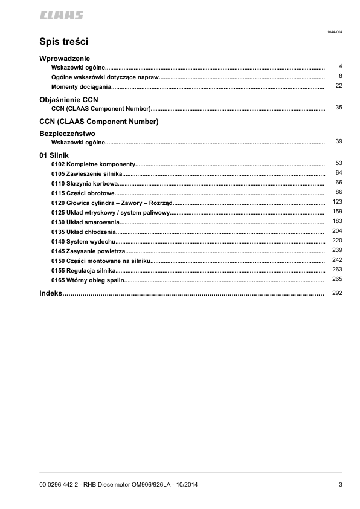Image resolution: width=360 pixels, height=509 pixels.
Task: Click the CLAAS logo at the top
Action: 62,14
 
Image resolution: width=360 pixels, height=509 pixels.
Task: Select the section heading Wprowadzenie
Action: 65,58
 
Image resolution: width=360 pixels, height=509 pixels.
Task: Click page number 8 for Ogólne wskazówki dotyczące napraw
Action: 341,76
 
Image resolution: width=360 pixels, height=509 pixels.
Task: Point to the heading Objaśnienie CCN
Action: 68,99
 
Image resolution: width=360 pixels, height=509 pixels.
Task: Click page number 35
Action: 339,107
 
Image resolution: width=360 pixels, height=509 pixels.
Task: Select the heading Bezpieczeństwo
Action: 67,133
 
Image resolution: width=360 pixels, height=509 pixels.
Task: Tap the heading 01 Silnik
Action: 54,155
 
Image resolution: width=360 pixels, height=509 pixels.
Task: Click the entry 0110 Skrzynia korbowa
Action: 84,183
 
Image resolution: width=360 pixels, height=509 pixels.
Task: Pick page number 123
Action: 338,201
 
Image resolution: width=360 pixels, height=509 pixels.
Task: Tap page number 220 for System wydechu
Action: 338,240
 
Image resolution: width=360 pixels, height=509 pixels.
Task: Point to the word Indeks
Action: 51,293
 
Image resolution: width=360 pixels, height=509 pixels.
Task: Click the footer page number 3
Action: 341,484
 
